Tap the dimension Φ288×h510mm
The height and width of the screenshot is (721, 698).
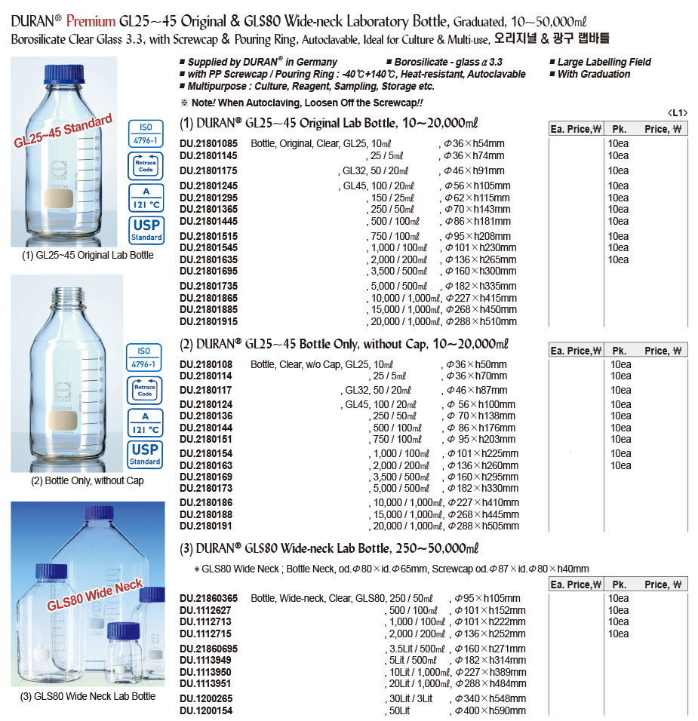click(x=481, y=321)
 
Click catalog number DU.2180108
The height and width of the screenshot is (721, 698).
click(x=205, y=364)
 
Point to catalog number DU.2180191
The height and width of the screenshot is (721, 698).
click(x=205, y=526)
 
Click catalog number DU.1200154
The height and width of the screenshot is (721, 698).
click(x=205, y=711)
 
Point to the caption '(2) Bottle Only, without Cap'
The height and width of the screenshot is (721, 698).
click(x=87, y=481)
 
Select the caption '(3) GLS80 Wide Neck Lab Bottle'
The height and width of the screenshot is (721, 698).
click(x=88, y=696)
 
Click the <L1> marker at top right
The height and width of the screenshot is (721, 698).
click(x=677, y=113)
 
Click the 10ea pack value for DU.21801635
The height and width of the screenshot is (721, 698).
click(x=618, y=259)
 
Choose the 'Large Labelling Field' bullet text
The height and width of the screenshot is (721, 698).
click(x=604, y=62)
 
